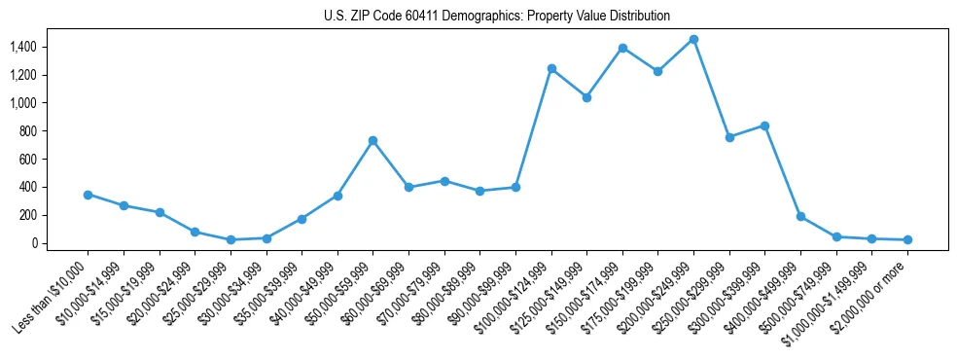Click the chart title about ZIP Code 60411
click(497, 17)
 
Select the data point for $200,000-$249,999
click(693, 39)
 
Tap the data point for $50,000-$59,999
click(372, 140)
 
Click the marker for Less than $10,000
click(88, 195)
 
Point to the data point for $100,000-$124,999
click(551, 68)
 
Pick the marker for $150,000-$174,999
click(622, 48)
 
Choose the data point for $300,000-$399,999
click(764, 126)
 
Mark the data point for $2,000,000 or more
click(907, 239)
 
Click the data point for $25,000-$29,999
click(230, 239)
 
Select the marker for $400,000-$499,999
click(800, 216)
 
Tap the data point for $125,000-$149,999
click(586, 97)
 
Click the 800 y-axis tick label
click(27, 131)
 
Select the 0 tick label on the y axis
click(33, 243)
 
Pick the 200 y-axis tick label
click(27, 215)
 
